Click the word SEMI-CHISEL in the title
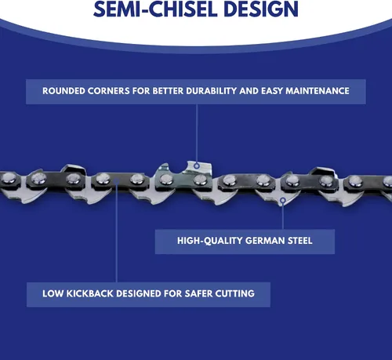click(155, 9)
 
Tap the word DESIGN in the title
click(261, 9)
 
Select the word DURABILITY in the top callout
click(211, 91)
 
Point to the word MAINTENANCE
click(318, 91)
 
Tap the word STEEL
click(300, 241)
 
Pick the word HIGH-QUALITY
click(209, 241)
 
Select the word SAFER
click(198, 293)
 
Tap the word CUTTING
click(235, 293)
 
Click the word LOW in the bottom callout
click(53, 293)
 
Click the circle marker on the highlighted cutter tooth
click(197, 165)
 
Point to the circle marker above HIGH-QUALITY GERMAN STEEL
click(282, 201)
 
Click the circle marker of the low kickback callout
click(117, 181)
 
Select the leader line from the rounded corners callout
click(197, 133)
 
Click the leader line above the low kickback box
click(117, 233)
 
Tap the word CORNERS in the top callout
click(108, 91)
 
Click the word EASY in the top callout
click(272, 91)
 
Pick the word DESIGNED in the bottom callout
click(139, 293)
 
